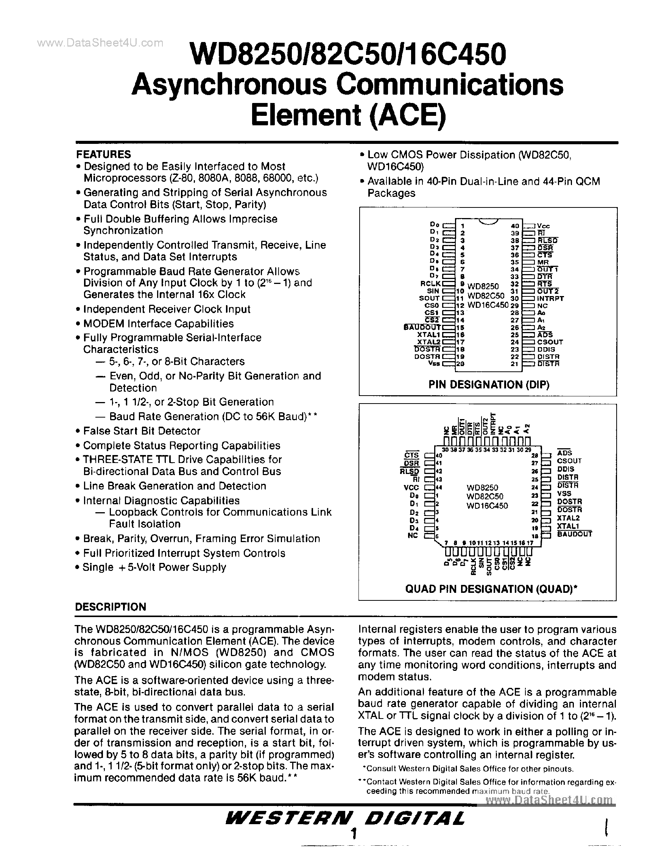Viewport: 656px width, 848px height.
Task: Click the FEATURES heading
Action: point(103,154)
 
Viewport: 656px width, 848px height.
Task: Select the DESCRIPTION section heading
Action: point(110,607)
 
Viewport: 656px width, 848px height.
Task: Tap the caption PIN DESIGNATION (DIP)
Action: point(489,384)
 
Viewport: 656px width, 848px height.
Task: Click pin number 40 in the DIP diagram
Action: point(515,226)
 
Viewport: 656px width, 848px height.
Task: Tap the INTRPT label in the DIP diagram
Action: point(550,299)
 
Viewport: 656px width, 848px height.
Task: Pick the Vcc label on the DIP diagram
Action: point(544,226)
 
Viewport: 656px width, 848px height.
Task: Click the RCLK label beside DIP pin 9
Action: point(430,284)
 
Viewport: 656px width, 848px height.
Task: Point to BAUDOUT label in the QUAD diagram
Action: point(575,534)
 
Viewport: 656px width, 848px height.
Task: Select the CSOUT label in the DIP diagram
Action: point(550,342)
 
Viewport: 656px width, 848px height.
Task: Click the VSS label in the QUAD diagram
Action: point(564,493)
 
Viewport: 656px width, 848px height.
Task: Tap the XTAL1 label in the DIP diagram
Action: point(429,335)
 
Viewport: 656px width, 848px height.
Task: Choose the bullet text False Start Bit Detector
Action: point(142,431)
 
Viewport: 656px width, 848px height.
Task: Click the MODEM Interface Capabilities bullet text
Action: point(158,323)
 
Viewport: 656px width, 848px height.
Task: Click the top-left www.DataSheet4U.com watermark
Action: point(100,43)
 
